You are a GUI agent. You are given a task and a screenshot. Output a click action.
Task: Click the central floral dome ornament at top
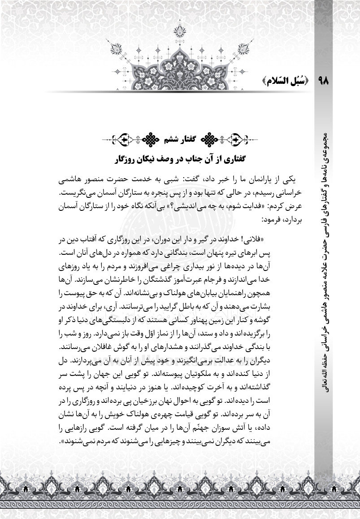coord(180,63)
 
